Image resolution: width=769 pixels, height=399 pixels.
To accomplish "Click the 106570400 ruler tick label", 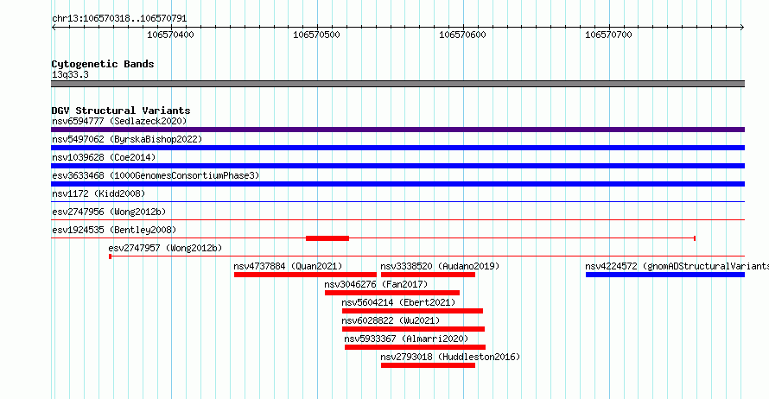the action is (x=170, y=35).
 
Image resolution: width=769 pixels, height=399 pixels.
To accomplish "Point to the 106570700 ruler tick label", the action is (x=608, y=35).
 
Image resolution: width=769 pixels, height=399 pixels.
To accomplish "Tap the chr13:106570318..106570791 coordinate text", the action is (x=119, y=19).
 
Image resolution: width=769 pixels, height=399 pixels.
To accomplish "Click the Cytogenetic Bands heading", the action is (x=103, y=64).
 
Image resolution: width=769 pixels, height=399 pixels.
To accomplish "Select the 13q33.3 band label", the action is (x=70, y=74).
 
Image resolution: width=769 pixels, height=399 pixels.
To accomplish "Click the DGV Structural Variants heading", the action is (x=121, y=111).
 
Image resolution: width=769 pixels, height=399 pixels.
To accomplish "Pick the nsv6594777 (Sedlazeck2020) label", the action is (x=119, y=121).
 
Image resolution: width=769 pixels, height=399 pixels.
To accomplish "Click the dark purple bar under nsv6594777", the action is (x=397, y=130).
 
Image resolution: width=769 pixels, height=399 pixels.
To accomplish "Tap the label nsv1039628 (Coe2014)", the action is (x=104, y=157).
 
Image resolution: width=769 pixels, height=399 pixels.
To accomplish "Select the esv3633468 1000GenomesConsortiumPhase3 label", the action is (x=156, y=175).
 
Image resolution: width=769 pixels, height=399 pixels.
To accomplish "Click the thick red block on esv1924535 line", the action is (x=327, y=238).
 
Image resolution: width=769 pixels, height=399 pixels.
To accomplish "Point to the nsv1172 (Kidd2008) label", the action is (x=99, y=193).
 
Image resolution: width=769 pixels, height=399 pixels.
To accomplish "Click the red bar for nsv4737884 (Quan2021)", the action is (x=305, y=275).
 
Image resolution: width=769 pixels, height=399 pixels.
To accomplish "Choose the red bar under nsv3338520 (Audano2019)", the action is (x=428, y=275).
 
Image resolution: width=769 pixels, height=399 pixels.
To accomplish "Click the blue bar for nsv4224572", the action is (x=665, y=275).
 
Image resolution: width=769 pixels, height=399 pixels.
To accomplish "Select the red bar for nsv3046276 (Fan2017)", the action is (x=392, y=293).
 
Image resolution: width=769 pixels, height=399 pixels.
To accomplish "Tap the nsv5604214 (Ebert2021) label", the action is (x=398, y=302).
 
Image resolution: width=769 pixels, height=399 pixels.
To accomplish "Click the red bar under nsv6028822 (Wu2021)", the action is (x=413, y=329).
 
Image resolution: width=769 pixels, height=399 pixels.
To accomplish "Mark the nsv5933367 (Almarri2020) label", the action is (x=406, y=339).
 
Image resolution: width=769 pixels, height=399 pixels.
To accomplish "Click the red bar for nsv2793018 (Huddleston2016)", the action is (x=428, y=365).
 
